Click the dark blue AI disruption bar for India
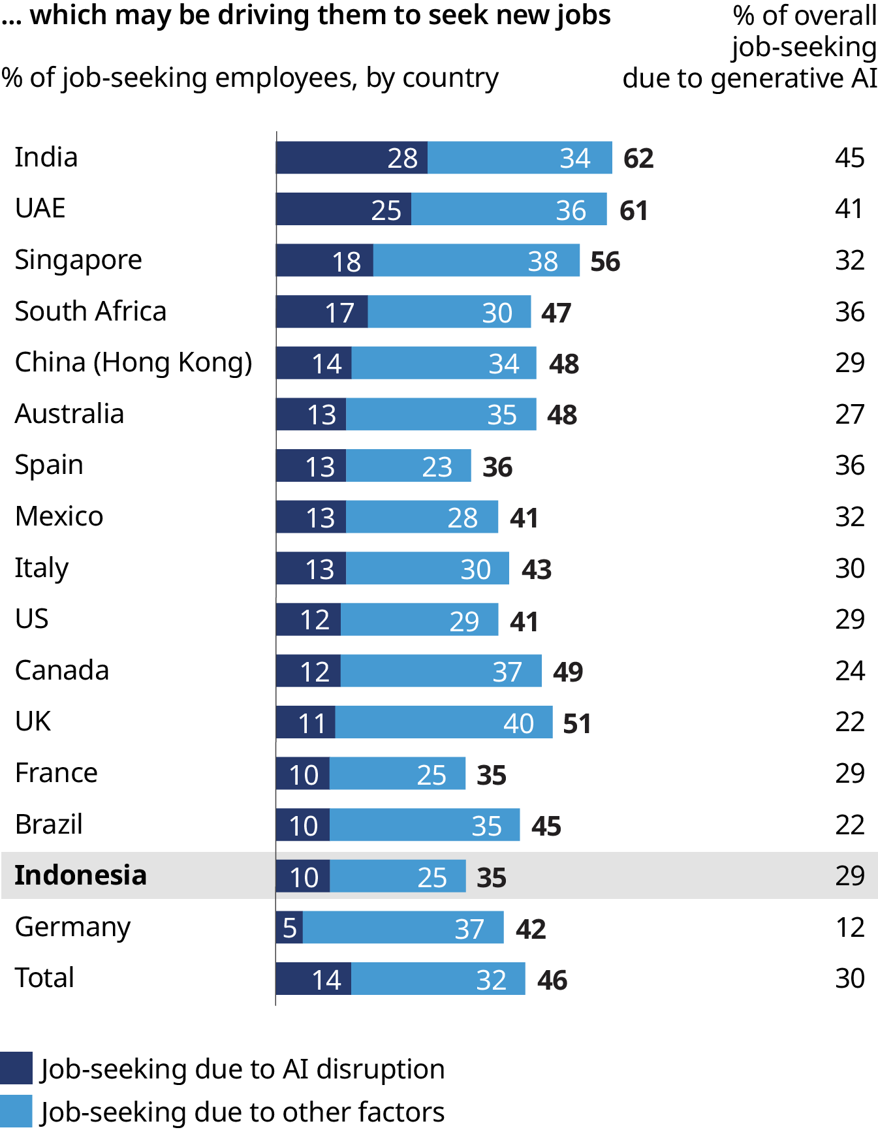coord(351,157)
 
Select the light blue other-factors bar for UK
coord(444,722)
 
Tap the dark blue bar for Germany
coord(289,928)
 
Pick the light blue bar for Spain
coord(408,465)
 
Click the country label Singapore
coord(78,260)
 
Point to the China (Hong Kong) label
coord(133,362)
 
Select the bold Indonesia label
coord(80,875)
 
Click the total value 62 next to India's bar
coord(638,158)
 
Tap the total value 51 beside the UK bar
coord(577,723)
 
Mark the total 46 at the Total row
coord(552,980)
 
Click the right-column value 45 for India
coord(849,158)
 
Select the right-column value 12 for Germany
coord(849,928)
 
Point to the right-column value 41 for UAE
coord(849,209)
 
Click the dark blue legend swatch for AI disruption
coord(16,1069)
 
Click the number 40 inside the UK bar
coord(518,723)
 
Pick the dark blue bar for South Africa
coord(322,311)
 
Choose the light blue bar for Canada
coord(441,670)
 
